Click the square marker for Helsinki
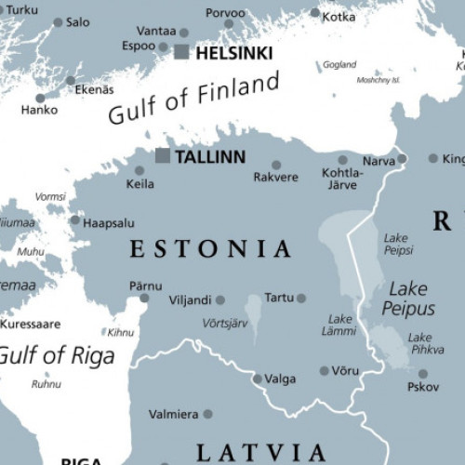tap(181, 53)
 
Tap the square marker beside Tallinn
tap(163, 155)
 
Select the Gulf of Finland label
tap(193, 99)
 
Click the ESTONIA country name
tap(210, 248)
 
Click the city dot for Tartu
tap(301, 299)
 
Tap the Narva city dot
tap(402, 159)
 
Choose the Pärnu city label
tap(146, 286)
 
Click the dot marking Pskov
tap(423, 374)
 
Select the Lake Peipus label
tap(408, 298)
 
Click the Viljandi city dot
tap(220, 300)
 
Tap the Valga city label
tap(280, 379)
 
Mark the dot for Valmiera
tap(207, 414)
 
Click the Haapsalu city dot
tap(75, 220)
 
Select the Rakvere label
tap(275, 177)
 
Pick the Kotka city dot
tap(315, 14)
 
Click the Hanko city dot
tap(40, 98)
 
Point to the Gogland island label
tap(339, 65)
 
